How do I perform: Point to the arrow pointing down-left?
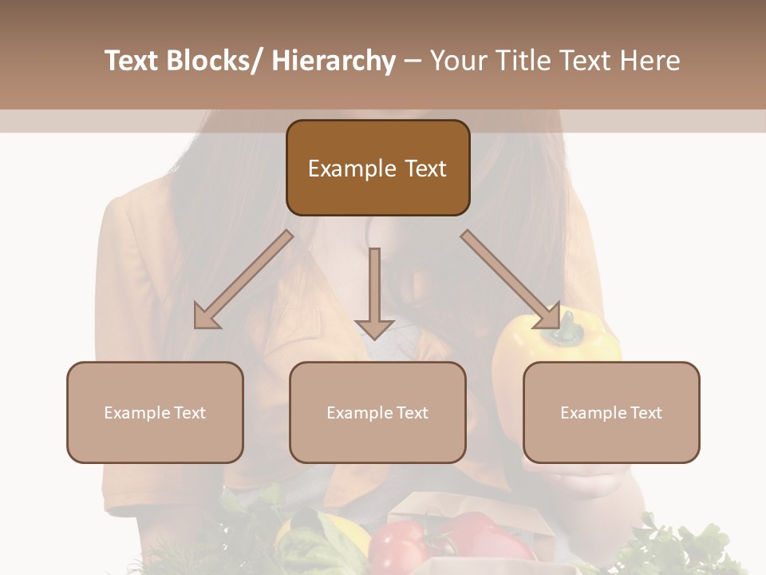coord(243,280)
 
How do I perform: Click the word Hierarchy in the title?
coord(333,61)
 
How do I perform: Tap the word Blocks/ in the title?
coord(218,61)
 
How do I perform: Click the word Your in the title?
coord(458,61)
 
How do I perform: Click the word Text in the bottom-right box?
coord(644,413)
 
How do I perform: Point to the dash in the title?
coord(413,61)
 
